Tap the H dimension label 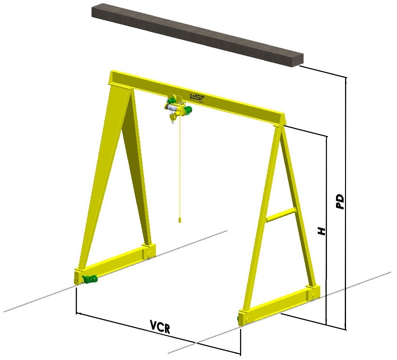pyautogui.click(x=323, y=232)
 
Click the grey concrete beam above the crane pyautogui.click(x=195, y=33)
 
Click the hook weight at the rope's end pyautogui.click(x=179, y=220)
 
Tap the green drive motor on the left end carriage pyautogui.click(x=88, y=279)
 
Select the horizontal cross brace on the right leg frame pyautogui.click(x=281, y=215)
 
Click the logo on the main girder pyautogui.click(x=197, y=98)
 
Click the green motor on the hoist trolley pyautogui.click(x=188, y=111)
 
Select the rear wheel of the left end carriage pyautogui.click(x=151, y=252)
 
